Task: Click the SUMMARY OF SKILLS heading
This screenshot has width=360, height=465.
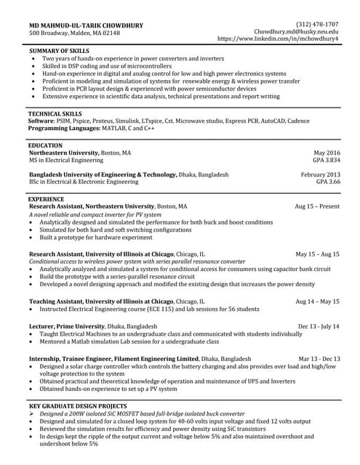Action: tap(59, 50)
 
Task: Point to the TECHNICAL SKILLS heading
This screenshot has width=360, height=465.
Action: tap(55, 115)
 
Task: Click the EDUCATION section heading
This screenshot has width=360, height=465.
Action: tap(45, 146)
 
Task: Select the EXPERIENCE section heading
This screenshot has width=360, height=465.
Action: tap(46, 198)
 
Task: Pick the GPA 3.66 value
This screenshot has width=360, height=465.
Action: tap(328, 182)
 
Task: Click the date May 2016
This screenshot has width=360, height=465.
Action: tap(327, 153)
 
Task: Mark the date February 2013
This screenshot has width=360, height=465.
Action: tap(320, 175)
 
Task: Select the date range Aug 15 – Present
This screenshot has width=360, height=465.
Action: tap(317, 206)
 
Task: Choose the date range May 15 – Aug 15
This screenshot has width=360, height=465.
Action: tap(317, 254)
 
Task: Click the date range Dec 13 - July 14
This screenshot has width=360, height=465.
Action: tap(319, 327)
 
